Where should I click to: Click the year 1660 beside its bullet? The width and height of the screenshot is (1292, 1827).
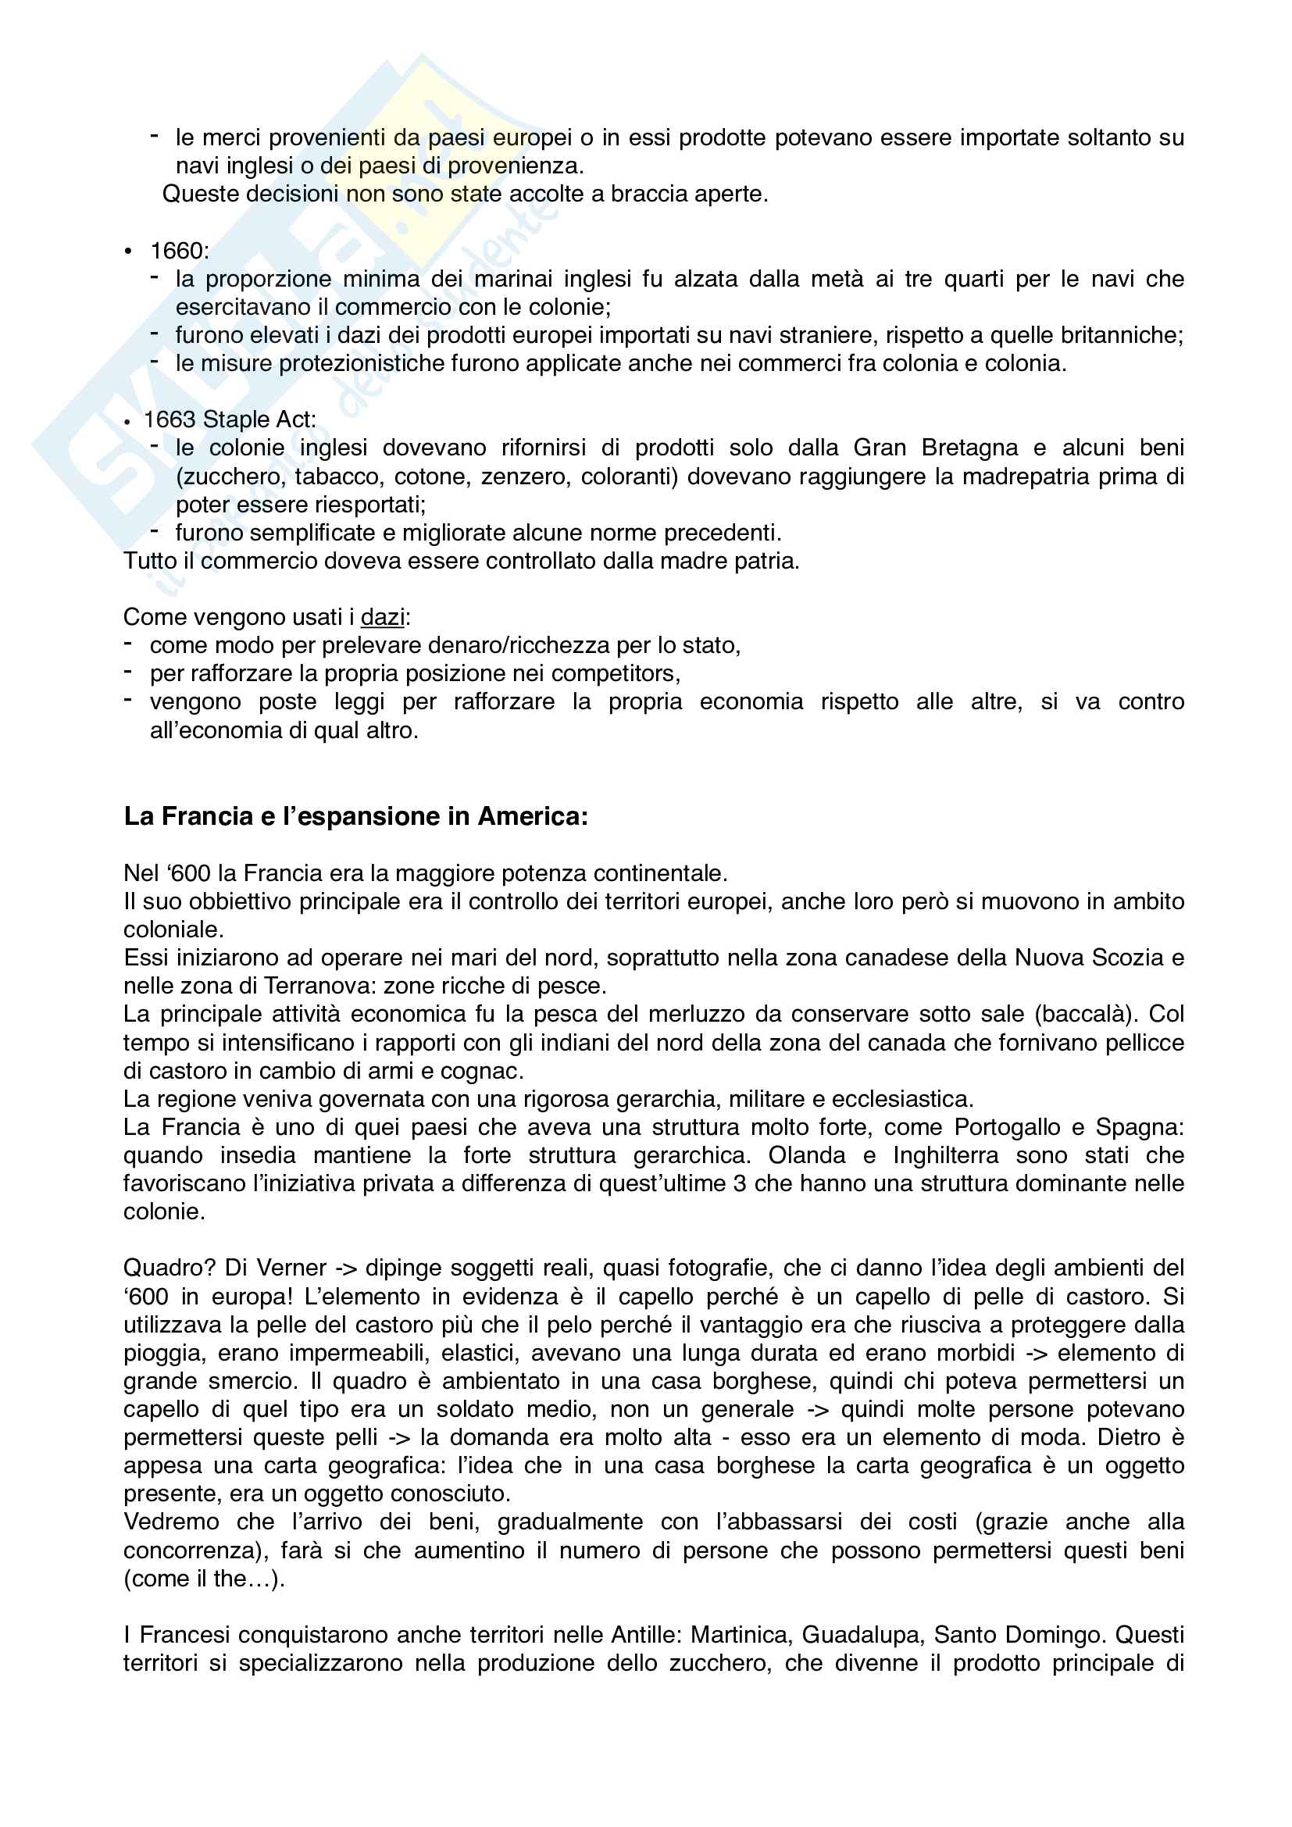(177, 252)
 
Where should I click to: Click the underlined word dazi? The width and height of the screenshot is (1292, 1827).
(383, 618)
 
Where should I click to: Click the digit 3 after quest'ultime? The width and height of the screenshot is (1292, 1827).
(740, 1184)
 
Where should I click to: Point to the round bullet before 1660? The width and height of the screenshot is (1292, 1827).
(128, 253)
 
